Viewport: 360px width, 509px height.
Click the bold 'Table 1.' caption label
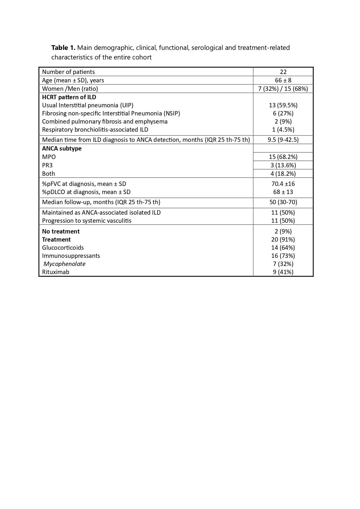point(63,48)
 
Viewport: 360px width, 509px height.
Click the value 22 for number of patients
point(283,72)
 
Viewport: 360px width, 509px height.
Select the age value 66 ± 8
point(283,80)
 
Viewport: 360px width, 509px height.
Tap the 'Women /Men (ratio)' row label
point(70,89)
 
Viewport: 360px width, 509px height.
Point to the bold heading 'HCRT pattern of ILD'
point(69,97)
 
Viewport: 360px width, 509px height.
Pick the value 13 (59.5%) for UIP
point(283,105)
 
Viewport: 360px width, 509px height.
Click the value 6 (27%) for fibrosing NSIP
point(283,113)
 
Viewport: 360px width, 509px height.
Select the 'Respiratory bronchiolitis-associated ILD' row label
point(95,130)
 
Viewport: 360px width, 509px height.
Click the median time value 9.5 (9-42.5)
point(283,140)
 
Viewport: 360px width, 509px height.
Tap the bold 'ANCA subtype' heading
point(62,148)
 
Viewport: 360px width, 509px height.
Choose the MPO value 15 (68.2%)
point(283,157)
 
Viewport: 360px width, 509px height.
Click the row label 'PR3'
point(47,165)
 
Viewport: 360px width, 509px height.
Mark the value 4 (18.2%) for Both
point(283,174)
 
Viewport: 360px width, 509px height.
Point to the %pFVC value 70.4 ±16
point(283,184)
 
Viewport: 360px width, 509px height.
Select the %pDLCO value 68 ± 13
point(283,192)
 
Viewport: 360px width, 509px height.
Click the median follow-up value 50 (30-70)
point(283,202)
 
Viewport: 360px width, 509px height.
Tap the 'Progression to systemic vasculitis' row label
point(87,221)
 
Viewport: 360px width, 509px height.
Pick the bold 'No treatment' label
point(61,231)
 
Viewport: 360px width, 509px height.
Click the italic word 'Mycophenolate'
point(64,264)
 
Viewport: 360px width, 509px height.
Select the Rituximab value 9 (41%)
point(283,272)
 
